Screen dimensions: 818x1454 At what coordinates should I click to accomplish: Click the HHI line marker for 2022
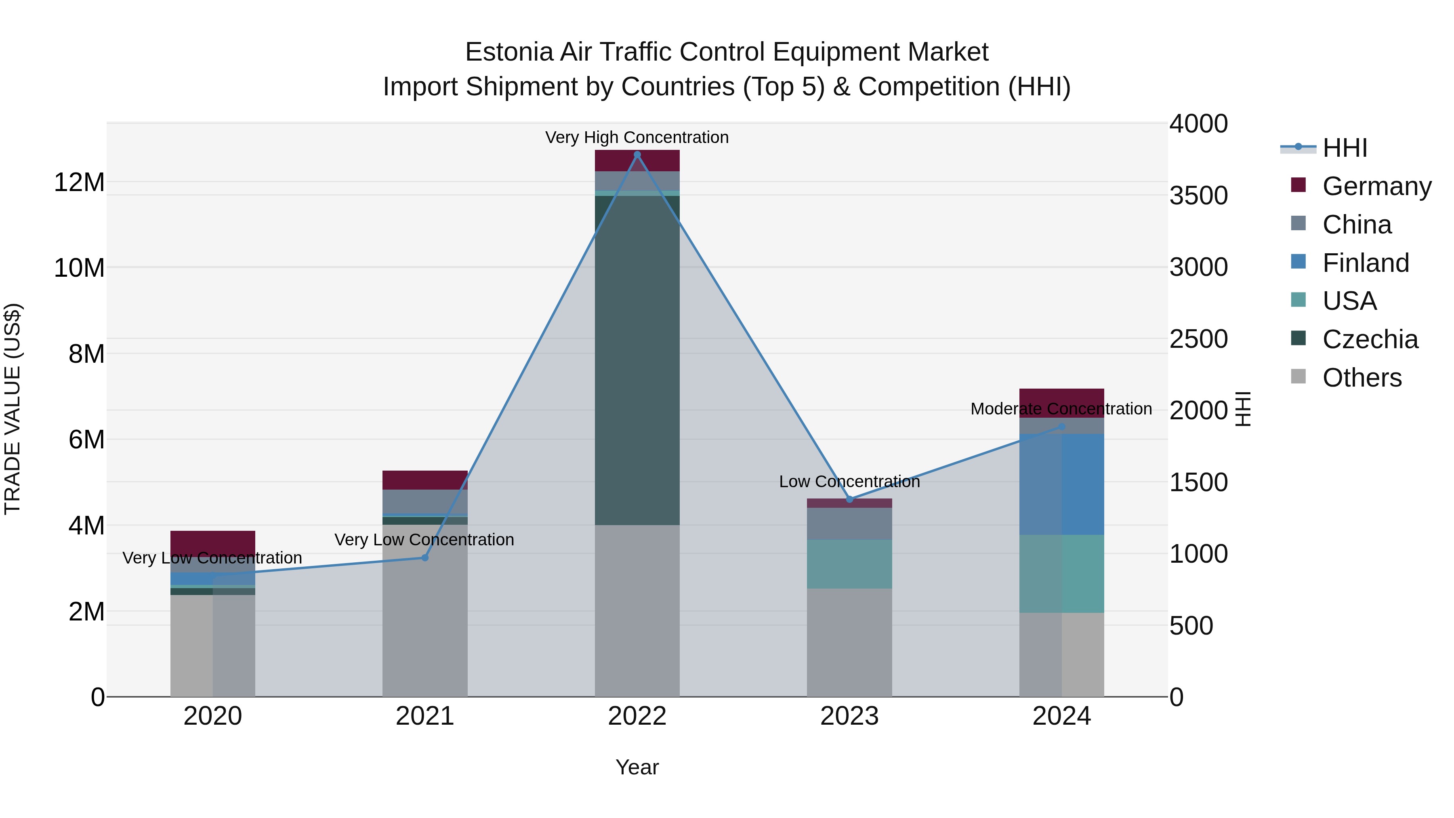tap(637, 155)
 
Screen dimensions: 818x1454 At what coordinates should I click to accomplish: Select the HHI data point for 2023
tap(849, 499)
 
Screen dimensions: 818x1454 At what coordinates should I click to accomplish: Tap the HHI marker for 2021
tap(425, 558)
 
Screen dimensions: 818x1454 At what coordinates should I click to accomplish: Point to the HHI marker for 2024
tap(1062, 427)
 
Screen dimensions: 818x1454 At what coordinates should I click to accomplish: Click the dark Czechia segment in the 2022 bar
tap(637, 361)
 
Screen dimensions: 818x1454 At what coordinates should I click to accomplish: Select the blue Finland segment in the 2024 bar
tap(1062, 484)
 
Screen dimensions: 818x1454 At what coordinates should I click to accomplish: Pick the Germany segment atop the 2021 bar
tap(425, 480)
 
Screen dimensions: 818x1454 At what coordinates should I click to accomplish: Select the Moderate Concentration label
tap(1061, 409)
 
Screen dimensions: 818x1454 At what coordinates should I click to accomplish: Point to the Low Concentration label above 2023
tap(849, 482)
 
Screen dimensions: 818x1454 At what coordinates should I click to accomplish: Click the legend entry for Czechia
tap(1370, 339)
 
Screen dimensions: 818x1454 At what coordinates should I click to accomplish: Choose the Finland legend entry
tap(1366, 263)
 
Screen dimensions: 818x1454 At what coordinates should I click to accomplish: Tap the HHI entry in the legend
tap(1345, 148)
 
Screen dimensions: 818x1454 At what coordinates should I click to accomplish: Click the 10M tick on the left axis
tap(79, 267)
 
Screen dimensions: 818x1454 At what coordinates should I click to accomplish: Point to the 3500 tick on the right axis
tap(1198, 196)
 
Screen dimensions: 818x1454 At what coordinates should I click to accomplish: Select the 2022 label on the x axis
tap(637, 716)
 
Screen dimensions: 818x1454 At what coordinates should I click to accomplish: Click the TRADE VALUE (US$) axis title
tap(13, 409)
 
